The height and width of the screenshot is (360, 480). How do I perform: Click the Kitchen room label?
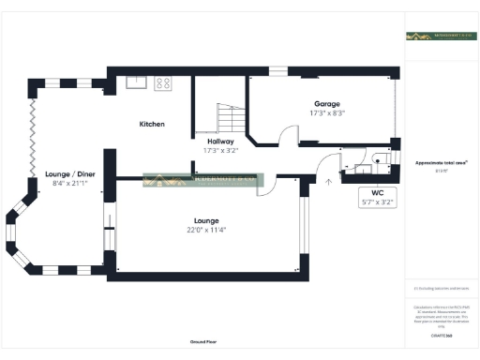(152, 124)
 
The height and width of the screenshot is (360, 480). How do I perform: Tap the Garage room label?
(326, 104)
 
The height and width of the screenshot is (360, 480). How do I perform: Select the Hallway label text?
(220, 141)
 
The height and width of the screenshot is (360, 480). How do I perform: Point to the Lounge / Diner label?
(69, 174)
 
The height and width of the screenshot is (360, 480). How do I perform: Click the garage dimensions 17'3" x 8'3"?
(326, 113)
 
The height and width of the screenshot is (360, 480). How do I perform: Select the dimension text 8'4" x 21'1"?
(69, 184)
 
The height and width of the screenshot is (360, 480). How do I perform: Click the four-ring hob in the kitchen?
(162, 82)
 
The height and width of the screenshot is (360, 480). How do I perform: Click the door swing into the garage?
(266, 138)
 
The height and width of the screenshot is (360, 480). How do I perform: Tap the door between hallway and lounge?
(265, 185)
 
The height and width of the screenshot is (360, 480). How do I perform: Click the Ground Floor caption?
(203, 343)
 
